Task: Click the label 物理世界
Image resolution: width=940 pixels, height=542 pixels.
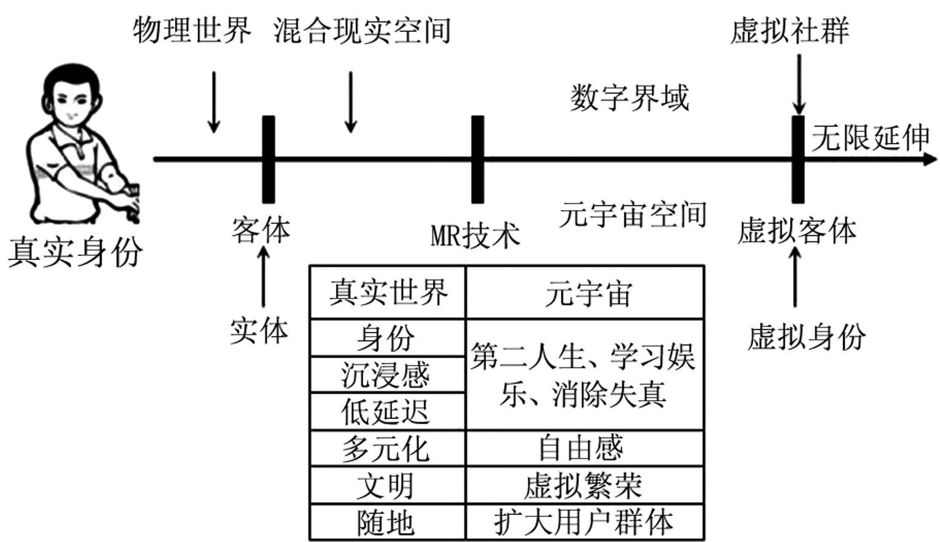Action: tap(192, 30)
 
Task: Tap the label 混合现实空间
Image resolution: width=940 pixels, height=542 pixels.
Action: tap(362, 30)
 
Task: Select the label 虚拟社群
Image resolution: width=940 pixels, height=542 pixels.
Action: tap(789, 30)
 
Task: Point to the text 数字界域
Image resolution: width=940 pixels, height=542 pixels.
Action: tap(630, 98)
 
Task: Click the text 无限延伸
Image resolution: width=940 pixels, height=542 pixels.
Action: tap(871, 138)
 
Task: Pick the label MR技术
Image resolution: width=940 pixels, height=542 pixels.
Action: tap(476, 235)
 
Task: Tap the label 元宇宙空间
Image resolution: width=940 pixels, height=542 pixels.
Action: tap(633, 214)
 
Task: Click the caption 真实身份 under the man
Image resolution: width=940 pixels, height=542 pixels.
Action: tap(76, 252)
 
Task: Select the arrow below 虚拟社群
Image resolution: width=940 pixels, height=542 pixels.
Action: tap(799, 84)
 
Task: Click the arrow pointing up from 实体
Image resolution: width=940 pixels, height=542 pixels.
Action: tap(263, 277)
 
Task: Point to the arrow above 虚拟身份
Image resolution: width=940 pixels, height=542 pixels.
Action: tap(795, 277)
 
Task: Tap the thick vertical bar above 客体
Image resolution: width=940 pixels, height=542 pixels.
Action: tap(268, 160)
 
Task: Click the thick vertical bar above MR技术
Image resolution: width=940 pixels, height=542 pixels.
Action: tap(477, 160)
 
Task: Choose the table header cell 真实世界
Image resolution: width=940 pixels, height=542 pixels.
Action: tap(388, 293)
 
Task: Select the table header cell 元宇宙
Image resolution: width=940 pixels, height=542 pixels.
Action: tap(585, 293)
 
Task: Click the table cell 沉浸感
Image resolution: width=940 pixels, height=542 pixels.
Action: tap(388, 375)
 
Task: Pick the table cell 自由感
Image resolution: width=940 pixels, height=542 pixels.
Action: tap(585, 448)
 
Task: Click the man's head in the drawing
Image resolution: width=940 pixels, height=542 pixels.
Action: tap(72, 96)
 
